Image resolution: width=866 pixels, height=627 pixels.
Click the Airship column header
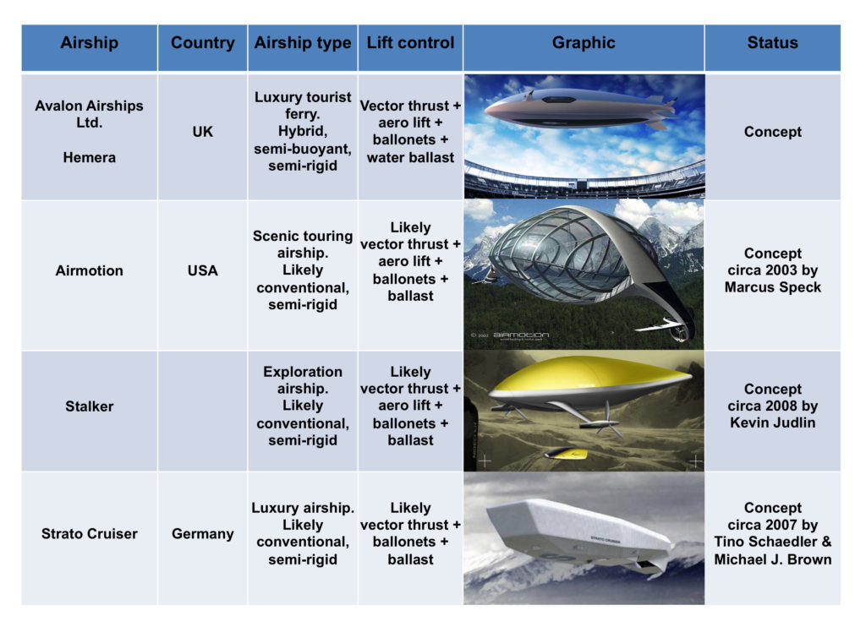click(x=89, y=42)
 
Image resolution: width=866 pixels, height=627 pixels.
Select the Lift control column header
click(x=410, y=42)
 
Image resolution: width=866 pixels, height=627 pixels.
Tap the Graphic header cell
click(x=584, y=42)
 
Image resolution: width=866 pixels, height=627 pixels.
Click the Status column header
click(x=772, y=42)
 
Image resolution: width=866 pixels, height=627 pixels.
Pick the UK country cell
click(x=202, y=131)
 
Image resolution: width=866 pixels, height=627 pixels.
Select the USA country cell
click(x=202, y=270)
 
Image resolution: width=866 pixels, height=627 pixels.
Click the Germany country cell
click(x=202, y=534)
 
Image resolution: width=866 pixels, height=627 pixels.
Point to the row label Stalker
click(x=89, y=406)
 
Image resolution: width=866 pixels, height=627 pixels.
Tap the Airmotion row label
click(x=89, y=270)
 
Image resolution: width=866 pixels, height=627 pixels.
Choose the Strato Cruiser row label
click(x=89, y=534)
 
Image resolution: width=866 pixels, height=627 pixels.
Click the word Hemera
click(x=89, y=157)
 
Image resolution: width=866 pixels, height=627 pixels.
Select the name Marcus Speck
click(x=772, y=287)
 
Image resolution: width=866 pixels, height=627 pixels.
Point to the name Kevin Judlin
click(x=772, y=423)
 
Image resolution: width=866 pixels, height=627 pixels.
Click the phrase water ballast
click(x=410, y=157)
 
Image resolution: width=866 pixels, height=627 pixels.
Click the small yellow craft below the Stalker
click(x=567, y=454)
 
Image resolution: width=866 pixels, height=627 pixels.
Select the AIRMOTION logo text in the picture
click(x=521, y=335)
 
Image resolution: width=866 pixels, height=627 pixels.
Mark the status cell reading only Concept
click(x=772, y=131)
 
